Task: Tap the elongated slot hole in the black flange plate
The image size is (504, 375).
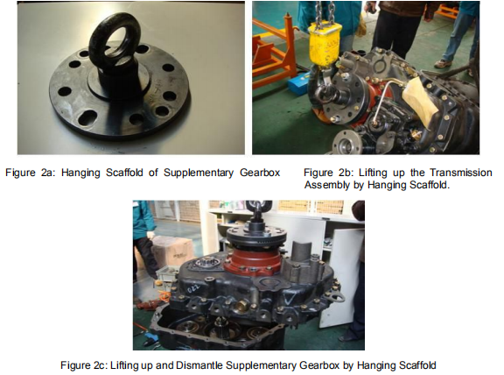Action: pyautogui.click(x=87, y=117)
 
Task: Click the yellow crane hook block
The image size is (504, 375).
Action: pyautogui.click(x=325, y=44)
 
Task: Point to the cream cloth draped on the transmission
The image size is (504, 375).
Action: pyautogui.click(x=419, y=101)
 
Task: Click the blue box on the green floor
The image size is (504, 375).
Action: pyautogui.click(x=299, y=83)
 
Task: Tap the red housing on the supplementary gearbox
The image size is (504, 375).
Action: pyautogui.click(x=254, y=261)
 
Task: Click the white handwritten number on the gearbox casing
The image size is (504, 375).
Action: pyautogui.click(x=193, y=287)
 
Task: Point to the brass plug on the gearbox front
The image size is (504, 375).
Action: pyautogui.click(x=242, y=306)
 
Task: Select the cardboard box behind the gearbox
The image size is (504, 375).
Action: pyautogui.click(x=173, y=251)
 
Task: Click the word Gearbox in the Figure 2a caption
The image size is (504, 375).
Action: pyautogui.click(x=260, y=173)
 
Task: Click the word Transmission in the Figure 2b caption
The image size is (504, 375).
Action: pyautogui.click(x=461, y=173)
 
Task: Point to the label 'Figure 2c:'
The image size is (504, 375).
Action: pyautogui.click(x=84, y=365)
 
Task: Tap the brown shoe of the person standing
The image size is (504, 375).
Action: pyautogui.click(x=443, y=63)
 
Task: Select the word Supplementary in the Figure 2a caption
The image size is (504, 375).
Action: pyautogui.click(x=199, y=173)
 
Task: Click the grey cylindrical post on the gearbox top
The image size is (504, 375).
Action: pyautogui.click(x=302, y=250)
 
